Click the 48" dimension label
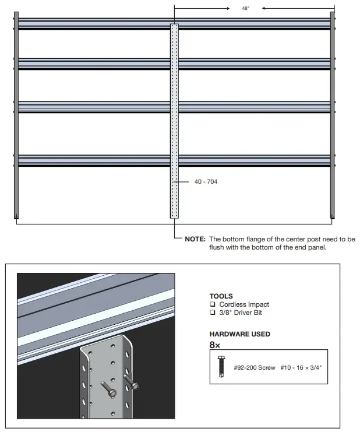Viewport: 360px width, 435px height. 245,8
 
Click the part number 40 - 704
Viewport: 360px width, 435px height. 206,182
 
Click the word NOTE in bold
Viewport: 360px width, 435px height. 195,239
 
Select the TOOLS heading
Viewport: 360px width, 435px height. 221,296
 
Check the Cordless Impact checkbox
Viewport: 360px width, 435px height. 213,304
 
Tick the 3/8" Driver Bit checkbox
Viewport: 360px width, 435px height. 213,313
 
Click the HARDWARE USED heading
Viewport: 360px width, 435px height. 239,334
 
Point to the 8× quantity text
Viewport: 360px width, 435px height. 214,344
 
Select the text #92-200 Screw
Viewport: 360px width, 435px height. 254,368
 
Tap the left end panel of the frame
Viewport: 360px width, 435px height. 16,117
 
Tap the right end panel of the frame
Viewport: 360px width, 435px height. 333,117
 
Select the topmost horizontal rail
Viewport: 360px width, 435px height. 93,24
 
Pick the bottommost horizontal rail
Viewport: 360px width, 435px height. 93,160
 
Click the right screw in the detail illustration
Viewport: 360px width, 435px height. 132,384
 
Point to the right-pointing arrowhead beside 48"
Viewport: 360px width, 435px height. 227,9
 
